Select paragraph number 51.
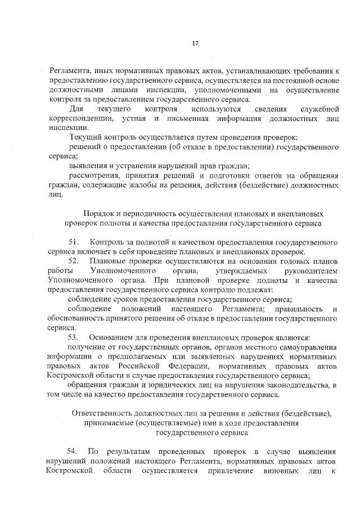tap(74, 242)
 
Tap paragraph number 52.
tap(74, 262)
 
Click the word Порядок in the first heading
tap(98, 214)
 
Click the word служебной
tap(319, 108)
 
